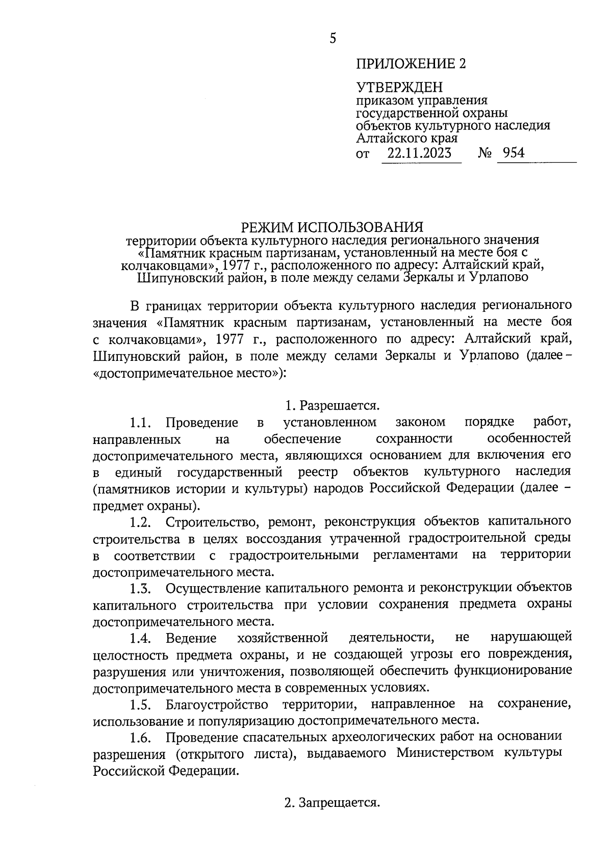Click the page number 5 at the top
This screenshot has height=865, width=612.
333,38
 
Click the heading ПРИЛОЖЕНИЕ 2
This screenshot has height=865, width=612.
411,64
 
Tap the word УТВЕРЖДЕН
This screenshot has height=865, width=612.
399,88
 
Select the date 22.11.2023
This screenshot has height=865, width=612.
419,153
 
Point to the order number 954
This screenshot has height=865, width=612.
513,153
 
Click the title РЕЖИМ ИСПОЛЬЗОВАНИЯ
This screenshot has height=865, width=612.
333,226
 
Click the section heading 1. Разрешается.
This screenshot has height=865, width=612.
333,406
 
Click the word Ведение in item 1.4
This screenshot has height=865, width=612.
191,638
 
